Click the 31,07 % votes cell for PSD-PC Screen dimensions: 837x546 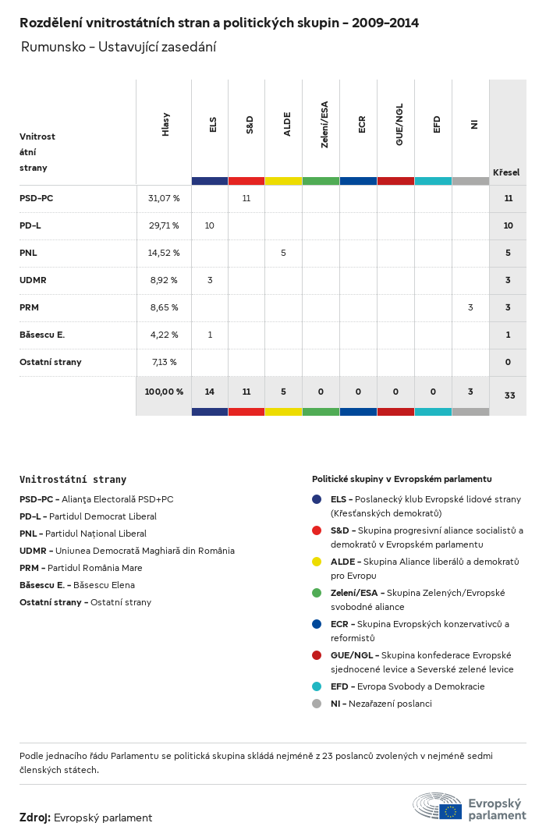(x=164, y=198)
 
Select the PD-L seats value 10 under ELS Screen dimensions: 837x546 (x=209, y=225)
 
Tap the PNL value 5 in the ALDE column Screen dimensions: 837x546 (x=283, y=253)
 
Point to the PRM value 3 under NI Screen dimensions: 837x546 (x=470, y=307)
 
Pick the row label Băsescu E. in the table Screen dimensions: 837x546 (x=42, y=335)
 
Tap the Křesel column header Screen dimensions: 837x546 (x=506, y=172)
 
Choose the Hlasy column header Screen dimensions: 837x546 (x=165, y=125)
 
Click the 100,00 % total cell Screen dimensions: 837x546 (x=164, y=392)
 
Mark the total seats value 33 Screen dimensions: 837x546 (x=509, y=395)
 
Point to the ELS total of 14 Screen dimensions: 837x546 (x=209, y=392)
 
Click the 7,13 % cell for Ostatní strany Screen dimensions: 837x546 (x=164, y=362)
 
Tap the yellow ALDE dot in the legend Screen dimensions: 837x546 (x=317, y=562)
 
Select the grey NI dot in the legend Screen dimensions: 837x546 (x=317, y=704)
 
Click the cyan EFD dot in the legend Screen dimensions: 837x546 (x=317, y=686)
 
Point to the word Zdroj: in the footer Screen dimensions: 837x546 (x=35, y=817)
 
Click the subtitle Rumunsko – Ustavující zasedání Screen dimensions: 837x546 (x=119, y=47)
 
